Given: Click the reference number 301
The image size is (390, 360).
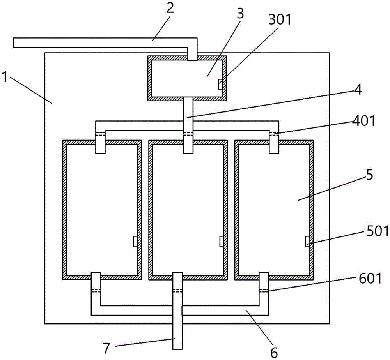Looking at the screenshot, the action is pyautogui.click(x=280, y=19).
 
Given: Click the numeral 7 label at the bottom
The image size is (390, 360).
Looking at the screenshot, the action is pyautogui.click(x=106, y=348).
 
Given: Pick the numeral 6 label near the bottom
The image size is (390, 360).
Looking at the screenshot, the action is pyautogui.click(x=274, y=352).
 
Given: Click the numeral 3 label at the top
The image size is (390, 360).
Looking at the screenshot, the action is pyautogui.click(x=240, y=14).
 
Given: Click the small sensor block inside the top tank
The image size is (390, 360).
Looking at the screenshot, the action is pyautogui.click(x=220, y=85).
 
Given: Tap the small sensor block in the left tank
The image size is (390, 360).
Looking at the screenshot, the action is pyautogui.click(x=135, y=241).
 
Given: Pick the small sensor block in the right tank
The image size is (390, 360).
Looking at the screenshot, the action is pyautogui.click(x=307, y=241).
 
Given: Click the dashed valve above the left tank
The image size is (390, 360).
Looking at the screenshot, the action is pyautogui.click(x=101, y=134).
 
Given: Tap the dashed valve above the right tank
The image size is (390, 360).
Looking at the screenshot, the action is pyautogui.click(x=274, y=134).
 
